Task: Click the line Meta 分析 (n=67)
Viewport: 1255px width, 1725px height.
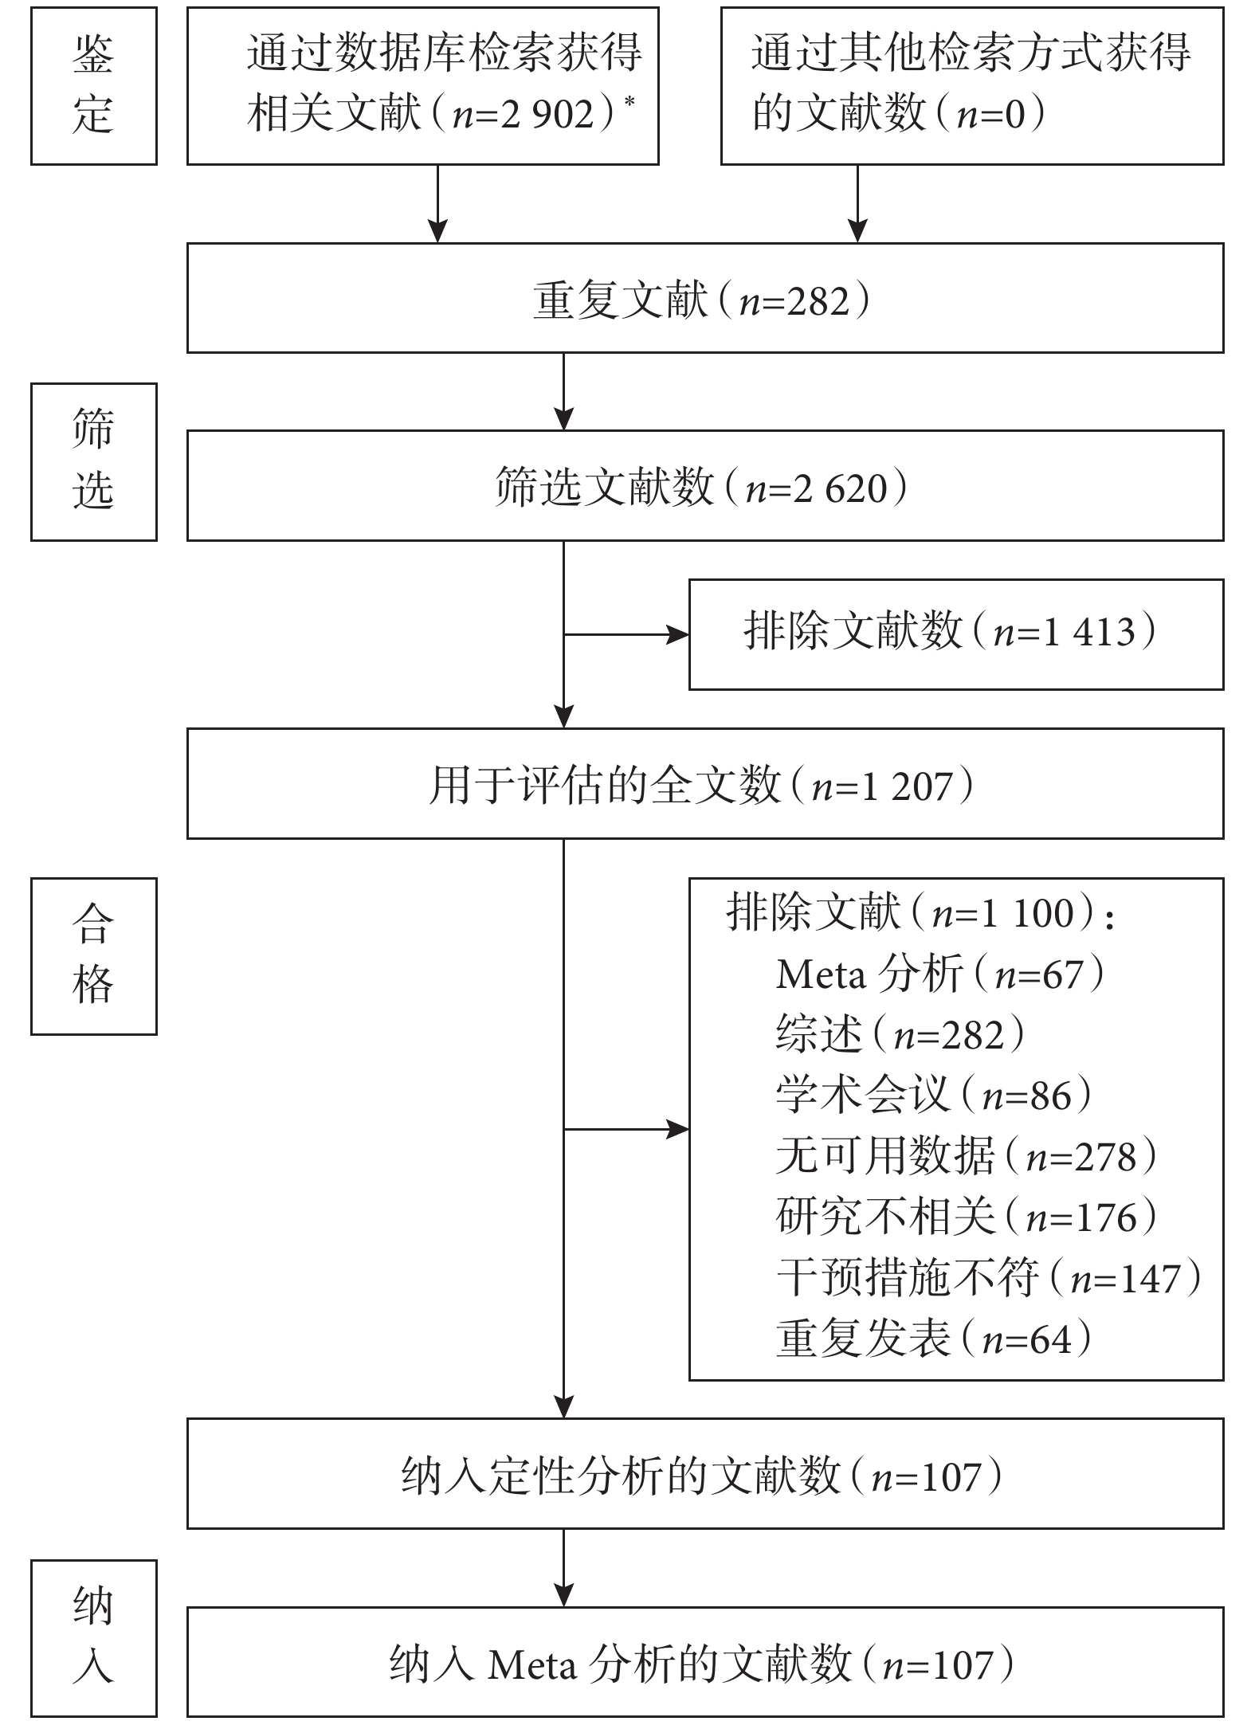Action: click(x=940, y=974)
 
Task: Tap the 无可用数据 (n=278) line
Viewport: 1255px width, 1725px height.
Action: click(x=967, y=1155)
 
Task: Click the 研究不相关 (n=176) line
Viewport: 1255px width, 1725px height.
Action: click(x=967, y=1217)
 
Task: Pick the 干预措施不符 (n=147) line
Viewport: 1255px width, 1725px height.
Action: click(x=989, y=1277)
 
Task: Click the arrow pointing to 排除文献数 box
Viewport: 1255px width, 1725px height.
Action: click(x=626, y=634)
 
